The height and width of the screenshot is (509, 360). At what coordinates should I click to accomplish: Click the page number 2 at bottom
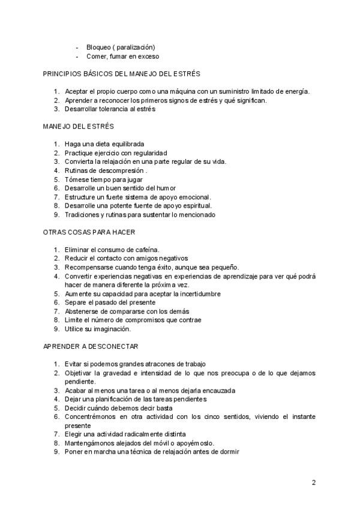[x=313, y=482]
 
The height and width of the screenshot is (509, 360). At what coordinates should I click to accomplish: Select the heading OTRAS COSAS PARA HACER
[x=89, y=232]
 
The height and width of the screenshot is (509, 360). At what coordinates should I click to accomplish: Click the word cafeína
[x=143, y=250]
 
